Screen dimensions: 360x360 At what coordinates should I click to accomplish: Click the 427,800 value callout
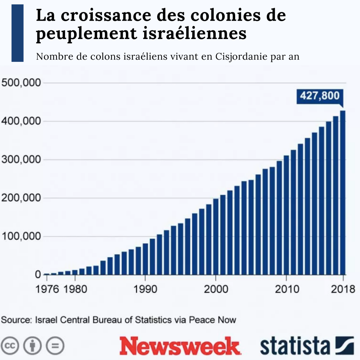[x=320, y=96]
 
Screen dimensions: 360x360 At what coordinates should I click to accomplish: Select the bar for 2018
[x=343, y=193]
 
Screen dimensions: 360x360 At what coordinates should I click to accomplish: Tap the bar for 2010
[x=286, y=215]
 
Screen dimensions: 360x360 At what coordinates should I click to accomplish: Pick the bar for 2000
[x=216, y=237]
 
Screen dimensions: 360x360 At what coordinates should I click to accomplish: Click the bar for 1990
[x=145, y=259]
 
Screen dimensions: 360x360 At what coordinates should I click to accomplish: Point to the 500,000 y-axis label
[x=21, y=83]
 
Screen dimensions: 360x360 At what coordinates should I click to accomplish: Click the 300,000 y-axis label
[x=21, y=160]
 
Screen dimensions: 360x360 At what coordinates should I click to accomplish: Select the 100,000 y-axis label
[x=21, y=236]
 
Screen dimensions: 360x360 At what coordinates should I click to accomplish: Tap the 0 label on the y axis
[x=38, y=274]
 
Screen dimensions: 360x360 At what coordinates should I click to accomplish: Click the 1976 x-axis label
[x=47, y=289]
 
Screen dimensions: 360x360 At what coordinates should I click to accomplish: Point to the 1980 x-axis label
[x=75, y=289]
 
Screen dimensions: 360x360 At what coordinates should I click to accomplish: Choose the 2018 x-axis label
[x=343, y=289]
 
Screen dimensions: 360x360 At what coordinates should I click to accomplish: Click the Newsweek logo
[x=180, y=346]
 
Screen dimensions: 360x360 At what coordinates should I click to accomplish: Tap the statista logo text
[x=295, y=346]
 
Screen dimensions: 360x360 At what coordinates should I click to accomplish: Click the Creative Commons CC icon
[x=9, y=346]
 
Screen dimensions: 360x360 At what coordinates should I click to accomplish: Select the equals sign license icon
[x=55, y=346]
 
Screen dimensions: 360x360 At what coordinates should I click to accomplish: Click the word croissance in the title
[x=106, y=15]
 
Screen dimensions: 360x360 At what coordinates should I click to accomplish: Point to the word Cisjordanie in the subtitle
[x=242, y=57]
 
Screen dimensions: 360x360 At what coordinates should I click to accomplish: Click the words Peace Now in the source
[x=212, y=320]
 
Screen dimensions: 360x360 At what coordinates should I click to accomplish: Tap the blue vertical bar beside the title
[x=18, y=33]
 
